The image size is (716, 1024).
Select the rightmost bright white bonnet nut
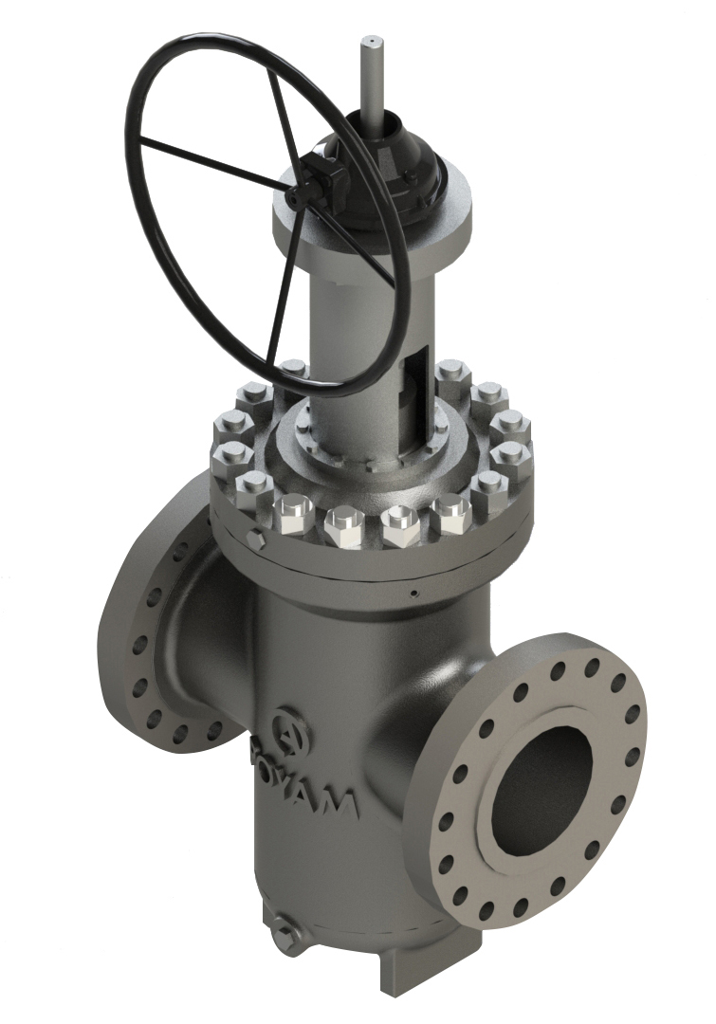click(x=450, y=514)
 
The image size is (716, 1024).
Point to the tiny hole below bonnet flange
click(x=414, y=594)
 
